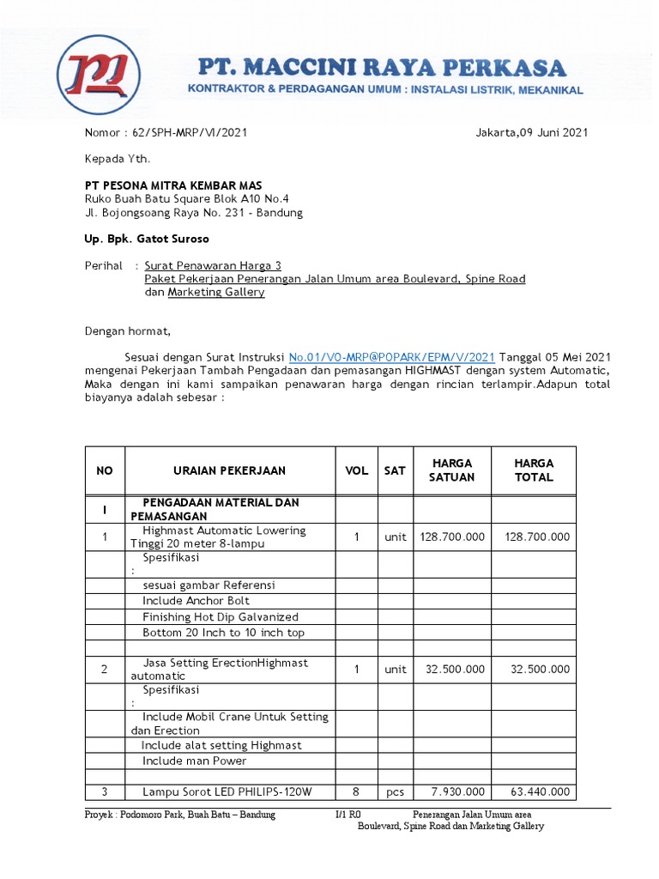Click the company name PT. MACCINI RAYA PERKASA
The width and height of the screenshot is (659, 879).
coord(382,68)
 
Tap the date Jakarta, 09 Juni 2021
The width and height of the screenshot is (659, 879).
coord(531,133)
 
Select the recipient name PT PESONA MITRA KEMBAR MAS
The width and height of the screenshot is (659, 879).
coord(173,185)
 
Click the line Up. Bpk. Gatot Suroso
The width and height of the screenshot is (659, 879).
coord(147,239)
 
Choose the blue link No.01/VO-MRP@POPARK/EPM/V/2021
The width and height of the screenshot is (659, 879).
coord(392,356)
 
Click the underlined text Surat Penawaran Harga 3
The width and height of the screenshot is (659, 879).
coord(213,266)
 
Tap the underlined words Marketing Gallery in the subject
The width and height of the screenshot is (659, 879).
coord(216,292)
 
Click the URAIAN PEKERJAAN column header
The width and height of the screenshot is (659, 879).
coord(230,470)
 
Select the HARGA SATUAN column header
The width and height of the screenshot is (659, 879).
coord(451,470)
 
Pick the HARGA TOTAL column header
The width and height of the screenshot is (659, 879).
coord(534,470)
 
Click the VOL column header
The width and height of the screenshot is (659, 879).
coord(356,470)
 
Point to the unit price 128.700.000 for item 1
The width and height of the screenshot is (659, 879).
coord(452,536)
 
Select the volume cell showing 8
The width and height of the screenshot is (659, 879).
coord(356,791)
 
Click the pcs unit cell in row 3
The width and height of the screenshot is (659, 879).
coord(395,791)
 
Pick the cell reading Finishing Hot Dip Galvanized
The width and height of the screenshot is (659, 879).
coord(221,616)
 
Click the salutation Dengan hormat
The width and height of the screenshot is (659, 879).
coord(128,331)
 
